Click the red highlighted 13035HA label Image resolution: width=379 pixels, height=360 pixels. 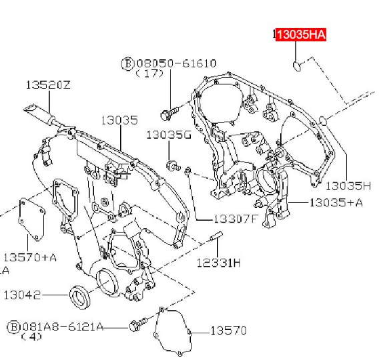301,34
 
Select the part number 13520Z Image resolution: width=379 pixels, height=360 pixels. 48,85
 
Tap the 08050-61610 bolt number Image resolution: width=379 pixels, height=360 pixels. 176,63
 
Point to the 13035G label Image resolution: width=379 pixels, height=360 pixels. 169,135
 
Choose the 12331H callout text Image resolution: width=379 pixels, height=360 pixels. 219,263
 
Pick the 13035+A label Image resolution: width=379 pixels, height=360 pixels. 336,203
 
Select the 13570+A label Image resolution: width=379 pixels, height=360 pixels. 30,257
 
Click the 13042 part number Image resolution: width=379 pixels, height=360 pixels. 22,295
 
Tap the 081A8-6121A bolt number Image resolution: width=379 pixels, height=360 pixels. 63,327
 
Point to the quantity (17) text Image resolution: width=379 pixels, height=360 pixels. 149,73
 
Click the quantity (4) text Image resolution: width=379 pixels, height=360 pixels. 31,337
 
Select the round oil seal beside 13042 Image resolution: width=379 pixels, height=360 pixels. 79,297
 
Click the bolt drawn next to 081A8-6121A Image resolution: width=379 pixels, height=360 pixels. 139,324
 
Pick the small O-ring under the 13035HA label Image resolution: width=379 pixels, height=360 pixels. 297,67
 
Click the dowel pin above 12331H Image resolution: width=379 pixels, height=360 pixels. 216,236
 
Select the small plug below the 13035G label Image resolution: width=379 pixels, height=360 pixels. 173,165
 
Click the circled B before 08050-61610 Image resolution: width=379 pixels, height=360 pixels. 127,64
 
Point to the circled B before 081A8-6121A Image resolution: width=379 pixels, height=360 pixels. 13,327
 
